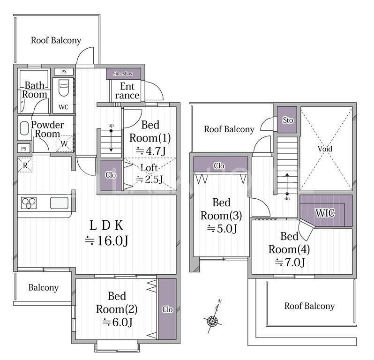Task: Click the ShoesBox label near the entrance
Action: (123, 74)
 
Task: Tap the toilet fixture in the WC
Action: (64, 88)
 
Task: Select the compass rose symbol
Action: (212, 321)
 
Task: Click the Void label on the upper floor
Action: (325, 149)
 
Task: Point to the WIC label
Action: (325, 213)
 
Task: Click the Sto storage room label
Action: (288, 120)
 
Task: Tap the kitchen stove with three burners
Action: (29, 203)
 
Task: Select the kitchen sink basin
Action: (59, 203)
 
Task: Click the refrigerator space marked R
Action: (25, 165)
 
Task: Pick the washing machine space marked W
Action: (64, 143)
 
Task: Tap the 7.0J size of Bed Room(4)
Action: (290, 262)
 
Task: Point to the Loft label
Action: (149, 168)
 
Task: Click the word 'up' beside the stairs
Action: (111, 126)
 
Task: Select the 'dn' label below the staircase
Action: (287, 198)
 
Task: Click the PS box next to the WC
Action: (64, 72)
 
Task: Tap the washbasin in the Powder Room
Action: (24, 128)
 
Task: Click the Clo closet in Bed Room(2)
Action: (167, 309)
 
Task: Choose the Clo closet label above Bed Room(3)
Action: (219, 165)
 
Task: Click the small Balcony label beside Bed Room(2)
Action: (44, 287)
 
